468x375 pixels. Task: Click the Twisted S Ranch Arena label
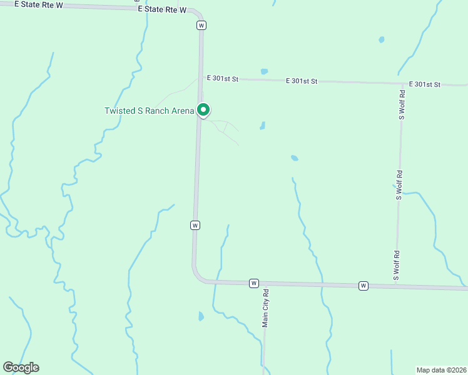click(149, 111)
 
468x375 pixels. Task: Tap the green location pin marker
click(203, 109)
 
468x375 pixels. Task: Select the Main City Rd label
click(265, 308)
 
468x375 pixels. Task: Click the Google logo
click(21, 367)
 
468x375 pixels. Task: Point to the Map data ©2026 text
click(442, 369)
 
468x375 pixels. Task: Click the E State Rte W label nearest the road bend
click(162, 10)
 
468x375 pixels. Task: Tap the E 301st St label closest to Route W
click(225, 79)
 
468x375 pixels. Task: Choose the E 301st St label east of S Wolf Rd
click(425, 84)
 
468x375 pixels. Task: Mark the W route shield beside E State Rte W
click(201, 25)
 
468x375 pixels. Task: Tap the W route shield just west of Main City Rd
click(253, 283)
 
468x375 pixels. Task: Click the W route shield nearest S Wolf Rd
click(363, 286)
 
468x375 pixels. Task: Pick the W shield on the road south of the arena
click(195, 225)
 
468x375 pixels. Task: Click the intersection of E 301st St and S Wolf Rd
click(402, 83)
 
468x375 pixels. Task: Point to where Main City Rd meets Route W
click(265, 284)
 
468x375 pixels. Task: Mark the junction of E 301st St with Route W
click(201, 79)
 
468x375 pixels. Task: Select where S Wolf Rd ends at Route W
click(395, 286)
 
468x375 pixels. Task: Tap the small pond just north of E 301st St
click(264, 71)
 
